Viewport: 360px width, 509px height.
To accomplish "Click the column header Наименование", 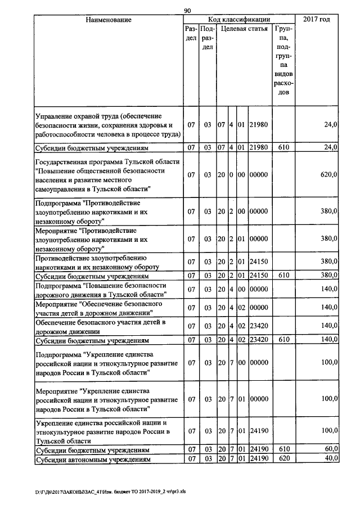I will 109,20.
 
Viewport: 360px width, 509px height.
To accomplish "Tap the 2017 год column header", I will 317,20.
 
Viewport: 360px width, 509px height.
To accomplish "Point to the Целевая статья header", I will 244,28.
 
